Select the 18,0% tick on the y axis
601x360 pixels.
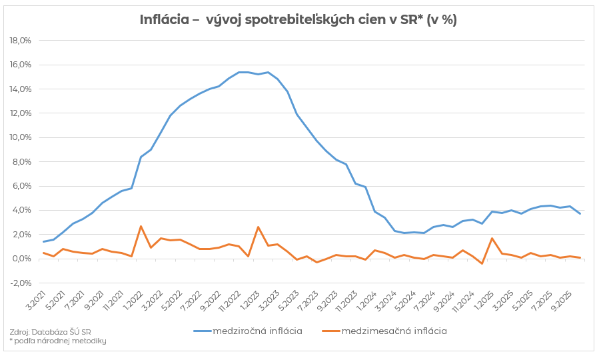(21, 41)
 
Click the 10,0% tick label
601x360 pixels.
(21, 137)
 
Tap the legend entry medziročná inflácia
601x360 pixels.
(257, 331)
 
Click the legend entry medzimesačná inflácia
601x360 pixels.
(394, 331)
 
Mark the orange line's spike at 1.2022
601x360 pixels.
(141, 226)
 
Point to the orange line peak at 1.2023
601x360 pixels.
(258, 227)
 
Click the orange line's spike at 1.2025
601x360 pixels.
(492, 238)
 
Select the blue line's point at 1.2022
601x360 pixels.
(141, 157)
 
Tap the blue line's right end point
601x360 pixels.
(580, 213)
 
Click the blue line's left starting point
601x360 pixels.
(44, 242)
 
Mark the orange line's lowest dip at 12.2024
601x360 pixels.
(482, 264)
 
